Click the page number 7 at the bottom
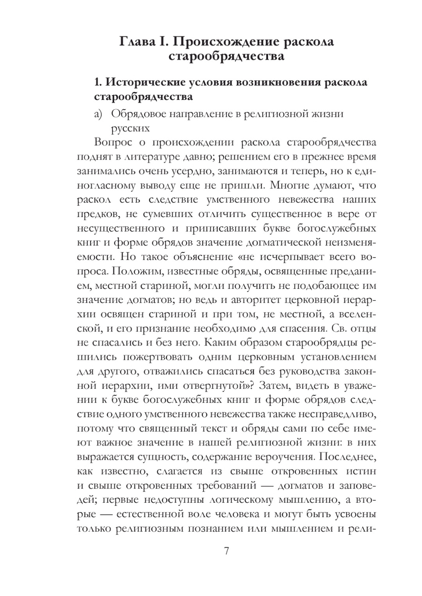point(227,551)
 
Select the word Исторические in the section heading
point(144,82)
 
